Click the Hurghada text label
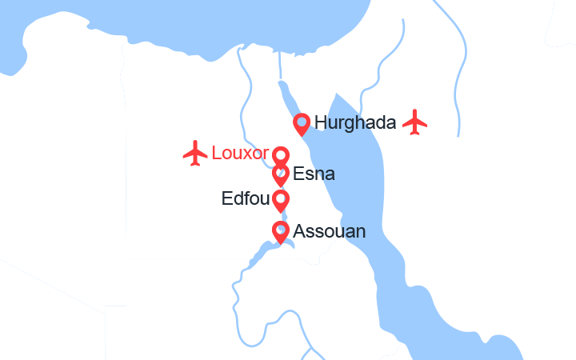click(x=356, y=123)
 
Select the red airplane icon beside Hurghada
click(x=415, y=122)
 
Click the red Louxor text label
click(x=240, y=153)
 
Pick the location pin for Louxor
click(x=281, y=155)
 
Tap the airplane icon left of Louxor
click(x=195, y=153)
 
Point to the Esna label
click(x=314, y=174)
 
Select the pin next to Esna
click(x=281, y=174)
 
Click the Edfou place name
click(x=244, y=198)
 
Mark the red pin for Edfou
click(x=281, y=200)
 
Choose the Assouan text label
click(x=330, y=231)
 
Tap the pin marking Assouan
click(x=281, y=231)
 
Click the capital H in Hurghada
click(x=322, y=123)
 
